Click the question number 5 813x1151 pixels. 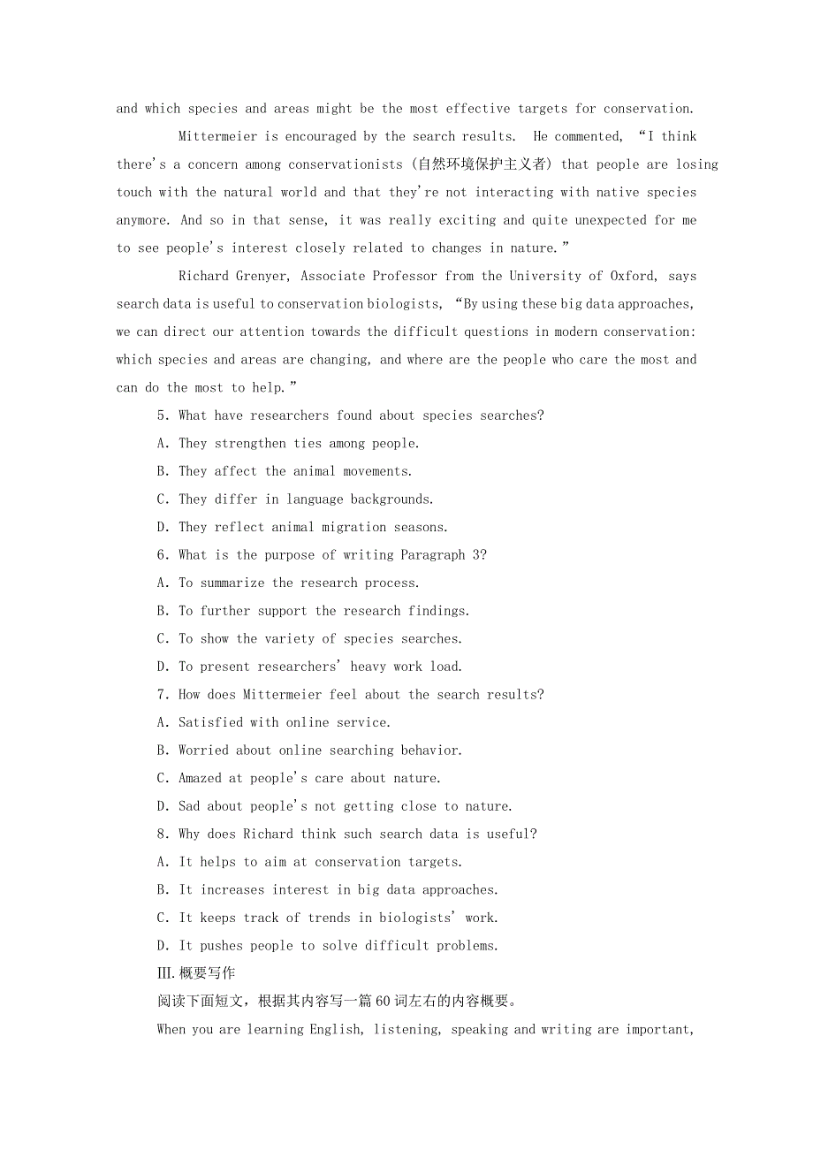(162, 415)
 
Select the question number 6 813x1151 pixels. (162, 555)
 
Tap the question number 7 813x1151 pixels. (162, 695)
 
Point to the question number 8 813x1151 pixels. (162, 835)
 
